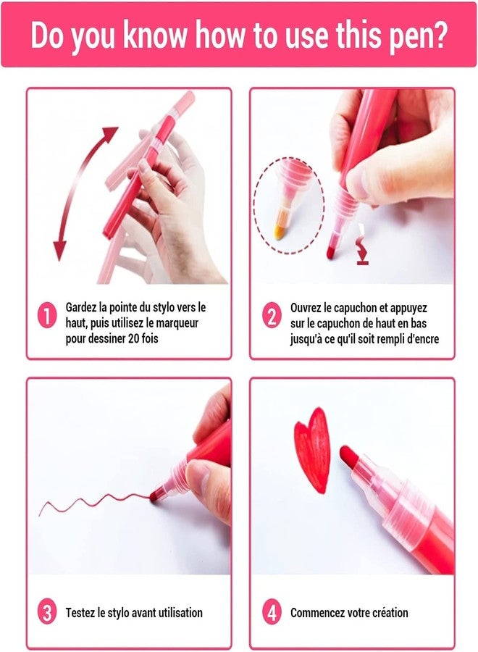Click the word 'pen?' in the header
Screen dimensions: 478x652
418,35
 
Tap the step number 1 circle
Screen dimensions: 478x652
47,316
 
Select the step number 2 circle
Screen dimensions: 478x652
272,316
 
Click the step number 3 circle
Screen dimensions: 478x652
47,612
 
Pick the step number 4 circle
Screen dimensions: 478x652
272,612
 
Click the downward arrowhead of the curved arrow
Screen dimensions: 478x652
60,251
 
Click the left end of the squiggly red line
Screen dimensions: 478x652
40,516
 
